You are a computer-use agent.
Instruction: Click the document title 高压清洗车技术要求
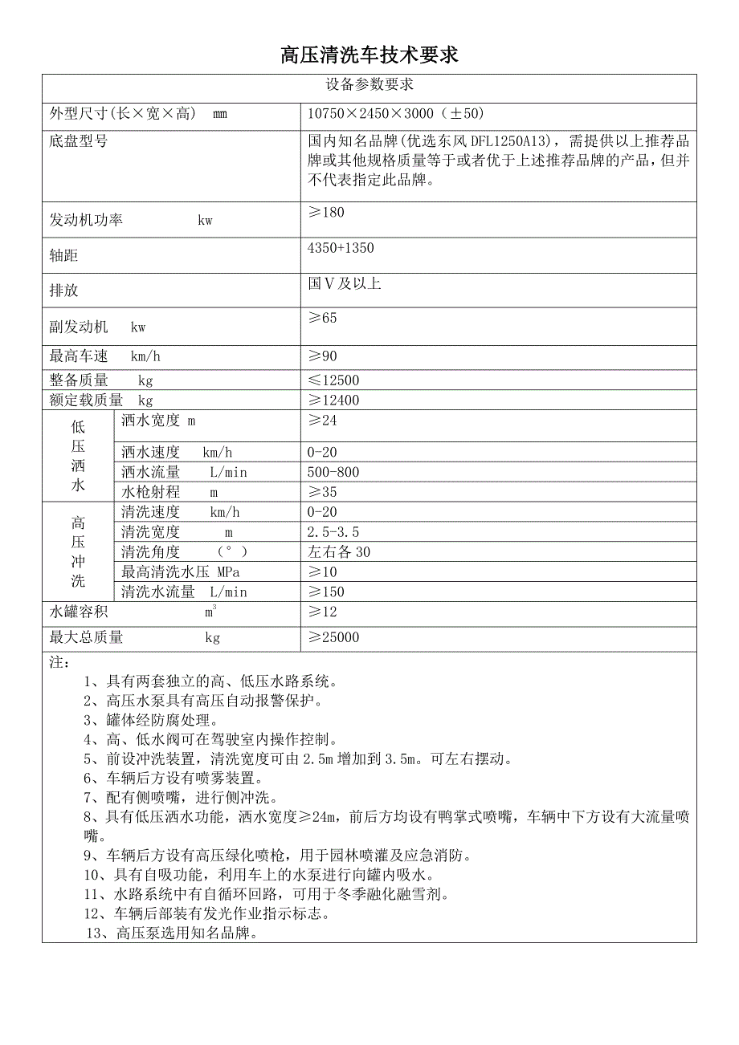click(369, 55)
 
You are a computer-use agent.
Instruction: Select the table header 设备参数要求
click(369, 84)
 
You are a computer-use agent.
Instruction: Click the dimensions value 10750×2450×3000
click(395, 114)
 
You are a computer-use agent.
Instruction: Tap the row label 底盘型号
click(78, 142)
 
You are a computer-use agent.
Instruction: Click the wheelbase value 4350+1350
click(341, 248)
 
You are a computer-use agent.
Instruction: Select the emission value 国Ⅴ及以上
click(344, 283)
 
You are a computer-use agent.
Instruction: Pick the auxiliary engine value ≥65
click(322, 318)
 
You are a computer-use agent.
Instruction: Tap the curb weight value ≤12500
click(333, 380)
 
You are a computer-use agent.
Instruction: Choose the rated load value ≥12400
click(333, 401)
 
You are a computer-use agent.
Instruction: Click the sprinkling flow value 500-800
click(333, 472)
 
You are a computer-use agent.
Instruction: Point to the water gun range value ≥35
click(322, 492)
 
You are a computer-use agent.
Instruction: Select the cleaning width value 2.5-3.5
click(333, 532)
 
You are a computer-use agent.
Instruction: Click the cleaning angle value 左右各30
click(339, 552)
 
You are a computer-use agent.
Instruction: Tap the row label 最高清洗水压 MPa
click(180, 572)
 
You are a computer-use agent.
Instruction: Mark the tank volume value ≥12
click(322, 612)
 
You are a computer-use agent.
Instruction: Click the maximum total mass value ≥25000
click(333, 637)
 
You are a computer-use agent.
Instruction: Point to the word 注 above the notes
click(59, 663)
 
